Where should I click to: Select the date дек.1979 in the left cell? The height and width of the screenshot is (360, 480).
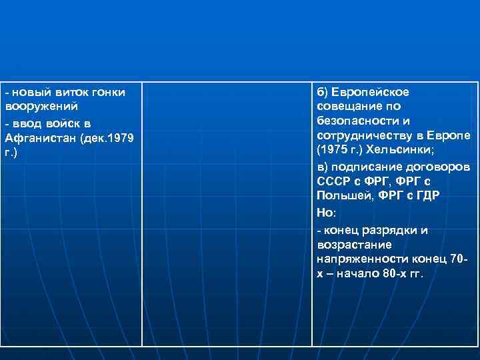(x=107, y=138)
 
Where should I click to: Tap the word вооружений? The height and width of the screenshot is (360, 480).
(x=41, y=107)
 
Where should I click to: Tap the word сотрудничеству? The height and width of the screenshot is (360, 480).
(x=363, y=135)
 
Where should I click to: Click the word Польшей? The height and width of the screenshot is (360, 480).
(x=341, y=195)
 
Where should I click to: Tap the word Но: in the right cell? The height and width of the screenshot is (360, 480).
(x=327, y=212)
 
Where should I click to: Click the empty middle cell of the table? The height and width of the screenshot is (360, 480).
(x=227, y=213)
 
